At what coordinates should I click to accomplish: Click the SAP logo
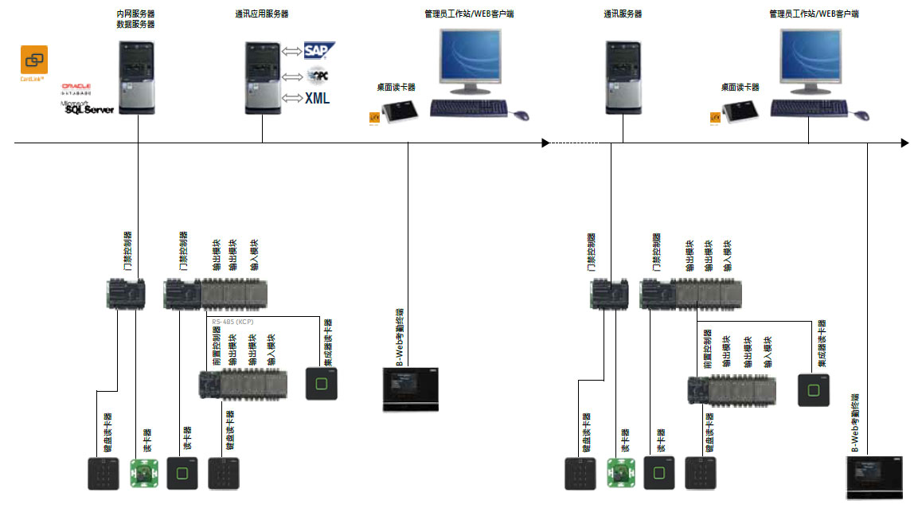click(x=319, y=52)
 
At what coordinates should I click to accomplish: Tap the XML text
click(x=317, y=99)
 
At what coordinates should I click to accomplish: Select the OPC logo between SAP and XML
click(x=318, y=76)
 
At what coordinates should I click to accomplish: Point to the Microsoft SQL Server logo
click(x=88, y=107)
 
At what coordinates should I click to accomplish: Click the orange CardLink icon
click(x=34, y=60)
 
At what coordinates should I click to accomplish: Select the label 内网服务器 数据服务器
click(x=135, y=19)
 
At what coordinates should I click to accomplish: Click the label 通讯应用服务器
click(x=262, y=14)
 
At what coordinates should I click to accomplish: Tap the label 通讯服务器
click(x=623, y=14)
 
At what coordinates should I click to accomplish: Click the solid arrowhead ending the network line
click(x=904, y=143)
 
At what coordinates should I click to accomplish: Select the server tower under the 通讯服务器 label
click(x=622, y=77)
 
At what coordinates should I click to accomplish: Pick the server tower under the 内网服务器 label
click(x=136, y=77)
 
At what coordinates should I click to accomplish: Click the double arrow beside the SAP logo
click(x=292, y=53)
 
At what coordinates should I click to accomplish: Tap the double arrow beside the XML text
click(x=292, y=98)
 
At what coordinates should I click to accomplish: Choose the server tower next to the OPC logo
click(x=261, y=77)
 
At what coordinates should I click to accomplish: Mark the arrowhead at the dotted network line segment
click(x=545, y=143)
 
